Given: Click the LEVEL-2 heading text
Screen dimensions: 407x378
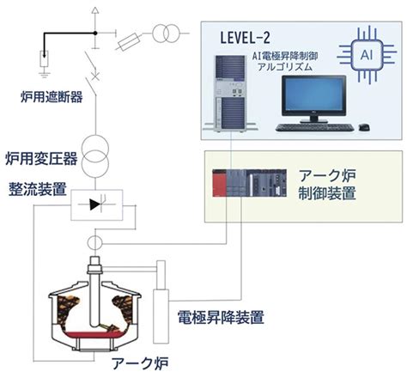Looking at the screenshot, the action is (x=245, y=38).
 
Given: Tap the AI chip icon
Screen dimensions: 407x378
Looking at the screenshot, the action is (x=367, y=55).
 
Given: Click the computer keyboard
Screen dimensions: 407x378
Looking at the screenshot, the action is (x=314, y=127).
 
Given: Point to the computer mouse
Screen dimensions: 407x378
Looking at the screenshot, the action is (x=364, y=127).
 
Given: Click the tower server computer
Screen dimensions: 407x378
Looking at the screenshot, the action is (x=231, y=94).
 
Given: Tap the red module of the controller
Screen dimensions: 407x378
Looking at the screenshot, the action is (x=219, y=183).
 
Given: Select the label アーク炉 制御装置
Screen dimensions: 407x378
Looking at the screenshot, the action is (x=327, y=185).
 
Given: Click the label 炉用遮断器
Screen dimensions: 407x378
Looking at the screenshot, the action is (x=52, y=97).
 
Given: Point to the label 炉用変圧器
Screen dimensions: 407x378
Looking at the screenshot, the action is (x=41, y=158).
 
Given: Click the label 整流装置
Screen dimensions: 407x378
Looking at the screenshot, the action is (x=38, y=188).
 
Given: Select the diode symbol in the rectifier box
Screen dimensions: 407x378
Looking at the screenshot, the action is (x=95, y=204).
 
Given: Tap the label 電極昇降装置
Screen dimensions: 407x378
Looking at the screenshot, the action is (x=221, y=317).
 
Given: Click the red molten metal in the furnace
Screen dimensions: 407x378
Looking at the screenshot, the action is (x=94, y=335).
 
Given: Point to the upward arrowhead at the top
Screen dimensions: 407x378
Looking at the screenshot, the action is (x=95, y=10).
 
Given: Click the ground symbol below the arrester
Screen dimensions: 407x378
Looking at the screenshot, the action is (x=45, y=75).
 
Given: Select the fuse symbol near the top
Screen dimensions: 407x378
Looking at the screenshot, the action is (x=129, y=42).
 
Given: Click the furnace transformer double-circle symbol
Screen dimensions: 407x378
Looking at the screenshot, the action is (x=95, y=156).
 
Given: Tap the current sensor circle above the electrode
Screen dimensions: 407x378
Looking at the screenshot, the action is (x=94, y=243).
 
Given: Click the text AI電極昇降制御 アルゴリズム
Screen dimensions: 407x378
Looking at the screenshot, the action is (x=285, y=61).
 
